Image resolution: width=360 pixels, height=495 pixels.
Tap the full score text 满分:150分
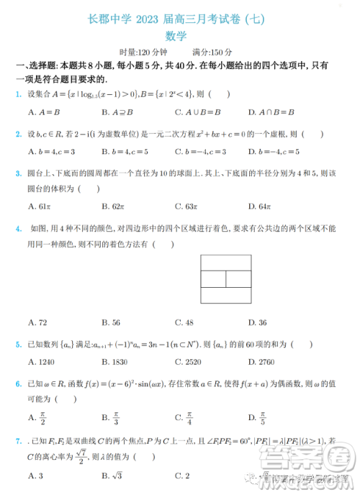click(212, 53)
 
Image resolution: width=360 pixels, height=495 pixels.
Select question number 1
click(18, 94)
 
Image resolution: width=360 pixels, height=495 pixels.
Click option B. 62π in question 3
click(114, 206)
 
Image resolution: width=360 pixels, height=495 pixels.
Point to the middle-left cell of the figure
click(212, 278)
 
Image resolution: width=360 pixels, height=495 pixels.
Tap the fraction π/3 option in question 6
click(115, 417)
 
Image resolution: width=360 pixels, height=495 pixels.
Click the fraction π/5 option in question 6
click(263, 417)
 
